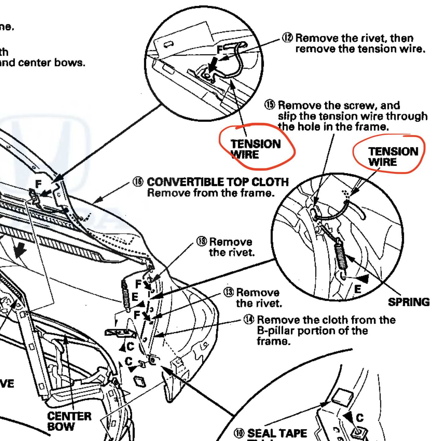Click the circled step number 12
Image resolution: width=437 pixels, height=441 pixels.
[287, 38]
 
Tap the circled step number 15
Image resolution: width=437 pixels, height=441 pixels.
[270, 105]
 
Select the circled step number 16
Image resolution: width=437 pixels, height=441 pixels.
[138, 182]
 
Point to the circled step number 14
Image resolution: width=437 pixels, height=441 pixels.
[249, 319]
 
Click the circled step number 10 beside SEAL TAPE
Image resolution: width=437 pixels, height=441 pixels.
[239, 433]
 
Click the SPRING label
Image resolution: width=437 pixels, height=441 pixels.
[409, 302]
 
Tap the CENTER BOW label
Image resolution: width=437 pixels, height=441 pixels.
[69, 421]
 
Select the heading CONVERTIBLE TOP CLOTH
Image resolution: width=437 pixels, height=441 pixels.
[218, 182]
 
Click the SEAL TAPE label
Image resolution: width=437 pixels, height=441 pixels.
[277, 433]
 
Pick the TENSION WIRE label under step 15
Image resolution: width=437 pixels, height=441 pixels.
[393, 156]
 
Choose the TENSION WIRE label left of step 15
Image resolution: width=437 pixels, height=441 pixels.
[255, 149]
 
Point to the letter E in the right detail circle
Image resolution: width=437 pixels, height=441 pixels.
[357, 289]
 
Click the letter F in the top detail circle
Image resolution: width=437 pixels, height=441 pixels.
[220, 50]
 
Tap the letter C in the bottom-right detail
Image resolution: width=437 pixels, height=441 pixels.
[360, 417]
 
